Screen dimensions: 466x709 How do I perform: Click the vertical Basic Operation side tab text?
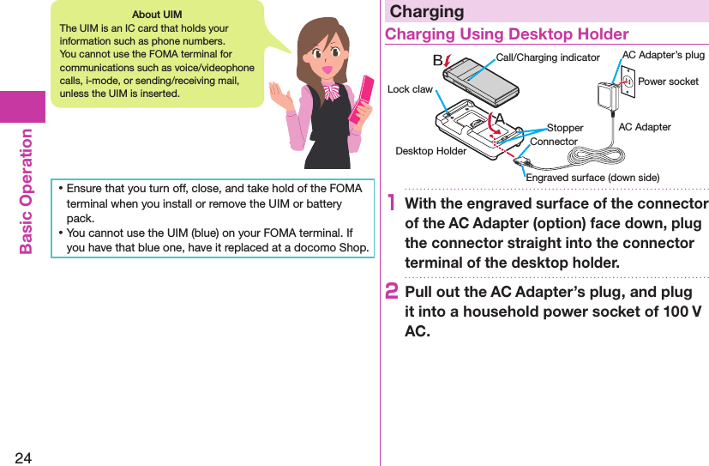click(25, 191)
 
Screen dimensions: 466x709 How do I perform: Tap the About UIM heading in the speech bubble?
click(157, 15)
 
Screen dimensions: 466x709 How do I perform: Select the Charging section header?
click(427, 11)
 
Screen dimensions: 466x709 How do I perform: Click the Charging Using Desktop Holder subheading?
click(507, 34)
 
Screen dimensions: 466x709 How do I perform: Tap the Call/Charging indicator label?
click(548, 57)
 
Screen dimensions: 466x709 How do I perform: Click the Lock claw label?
click(410, 89)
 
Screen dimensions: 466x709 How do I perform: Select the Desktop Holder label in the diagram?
click(430, 151)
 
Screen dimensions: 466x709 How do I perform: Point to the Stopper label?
click(565, 128)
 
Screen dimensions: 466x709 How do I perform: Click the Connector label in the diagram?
click(553, 141)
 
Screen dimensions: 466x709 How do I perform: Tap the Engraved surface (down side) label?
click(592, 177)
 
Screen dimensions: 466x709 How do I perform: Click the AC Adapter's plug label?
click(663, 55)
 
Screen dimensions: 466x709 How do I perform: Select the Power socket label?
click(668, 82)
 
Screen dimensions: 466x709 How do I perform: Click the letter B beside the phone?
click(437, 60)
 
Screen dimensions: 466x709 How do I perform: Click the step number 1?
click(391, 204)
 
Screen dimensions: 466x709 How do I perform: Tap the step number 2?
click(392, 293)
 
